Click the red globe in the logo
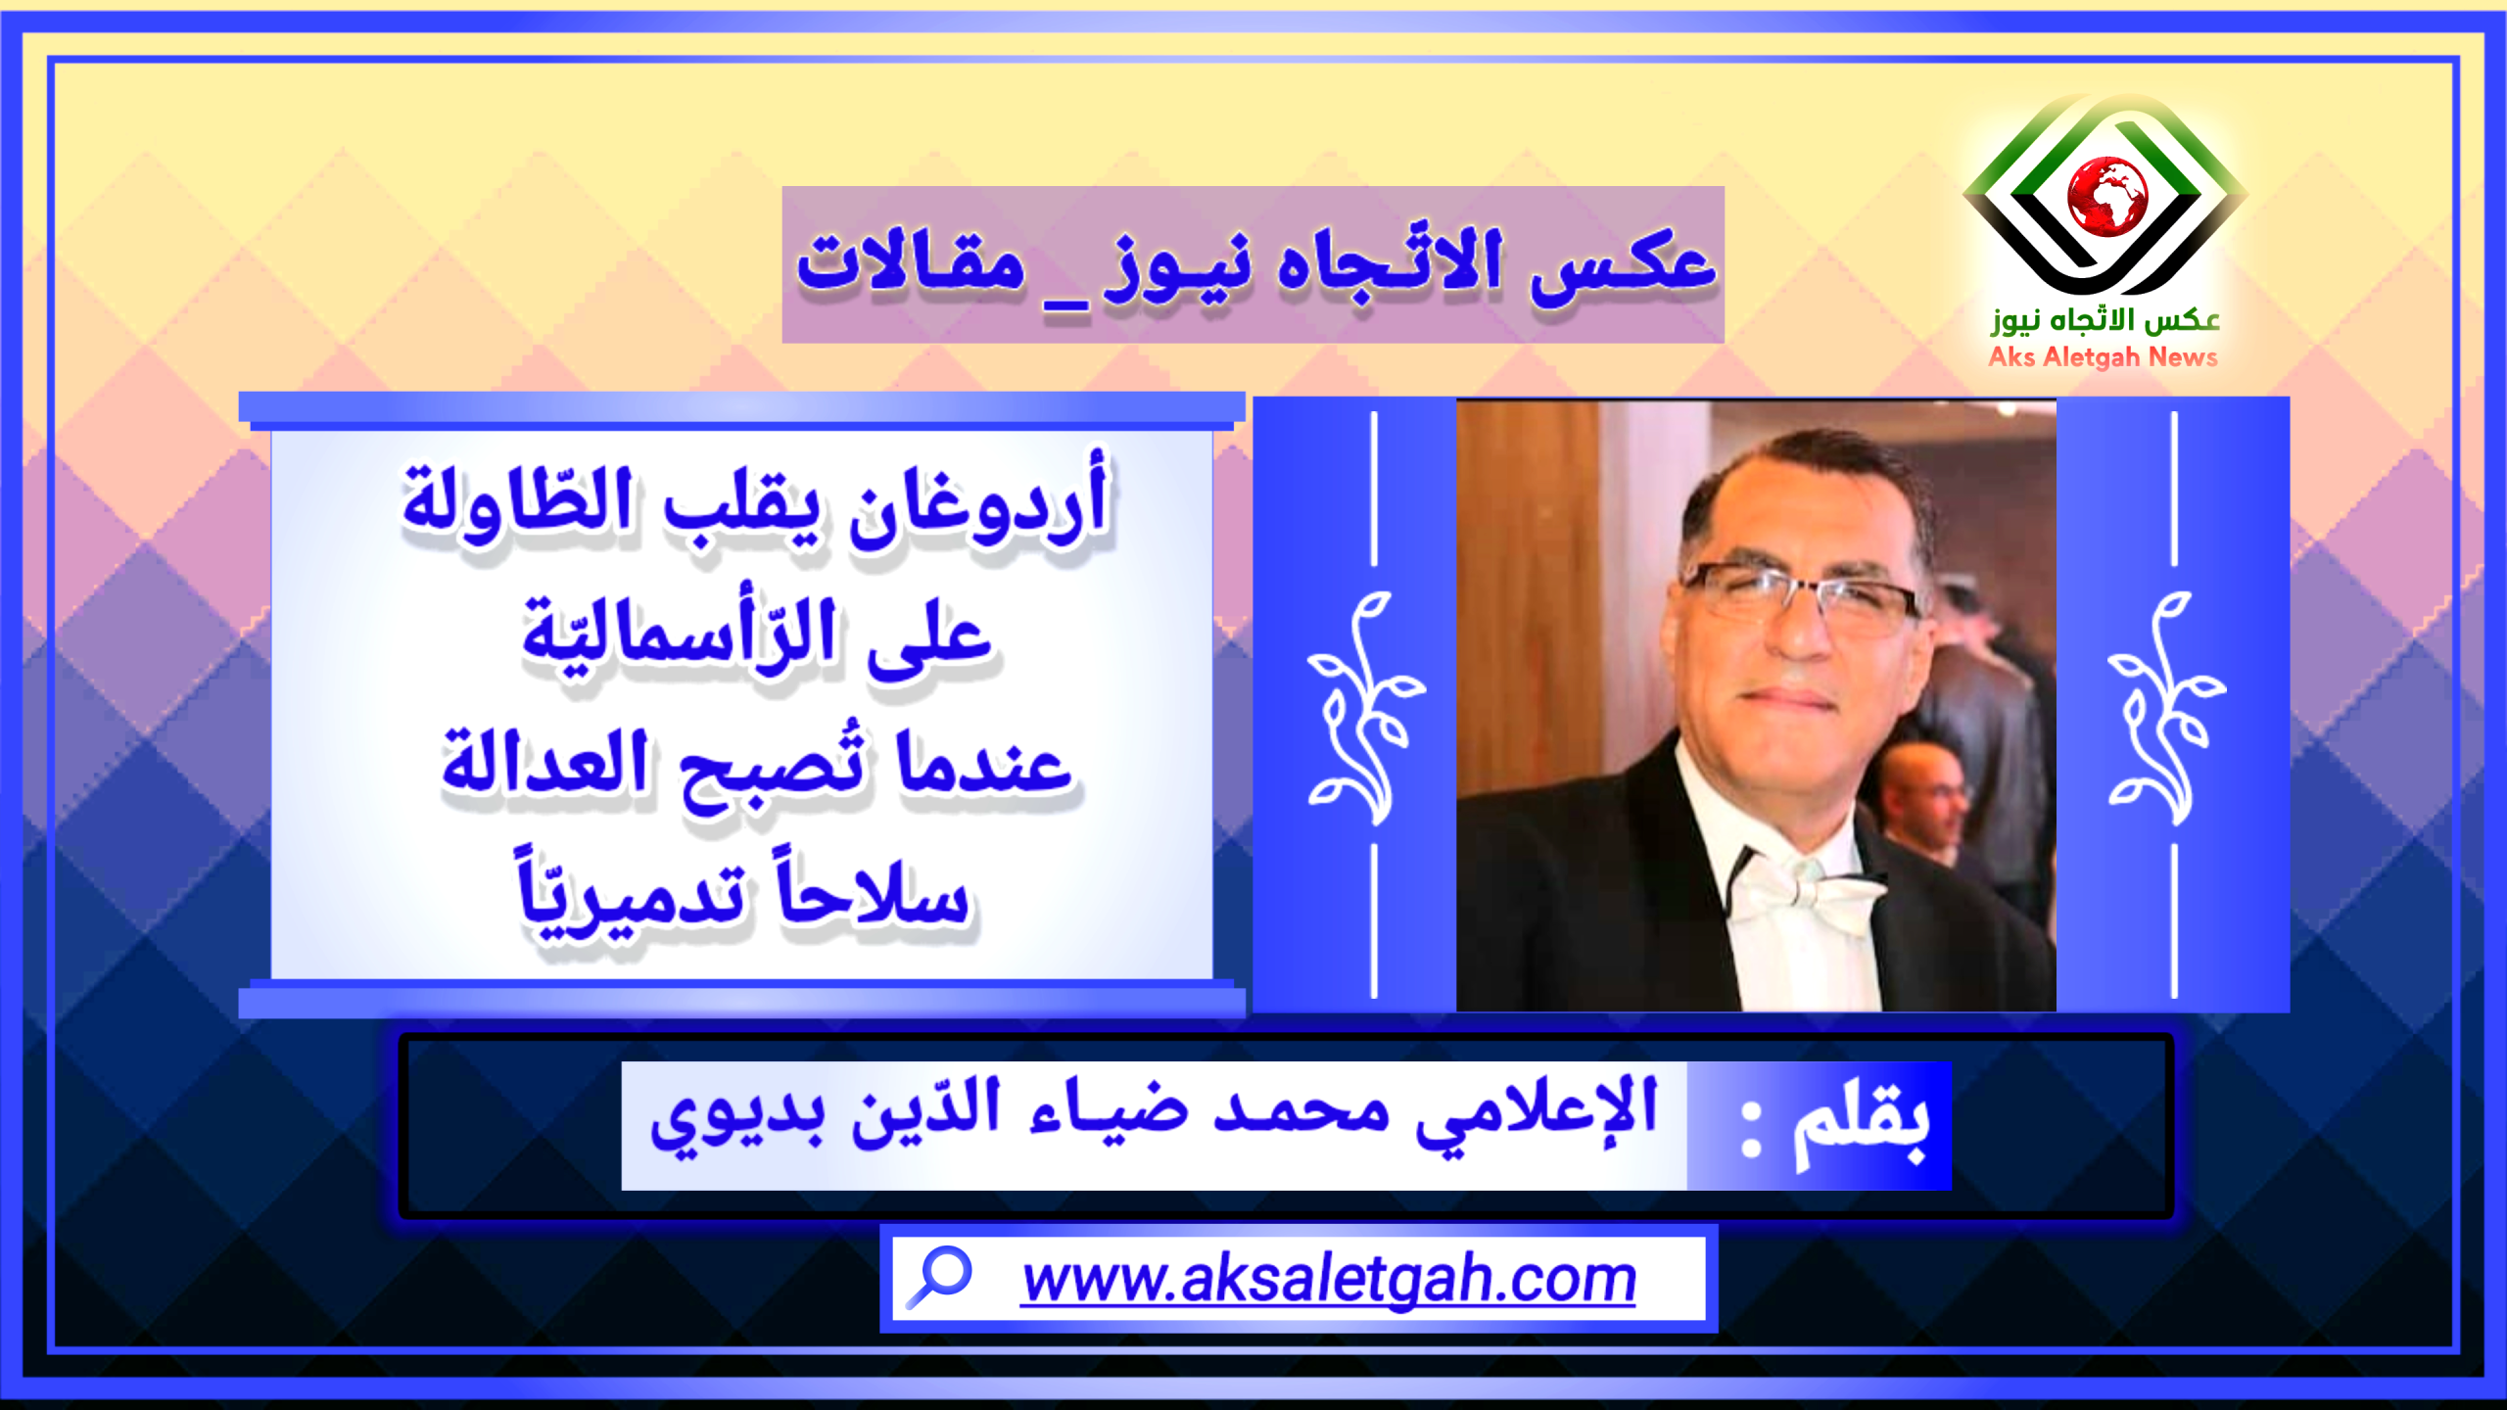pos(2106,196)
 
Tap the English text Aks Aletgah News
pos(2103,357)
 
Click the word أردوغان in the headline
pos(979,501)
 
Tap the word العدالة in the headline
pos(544,763)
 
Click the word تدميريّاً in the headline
pos(632,895)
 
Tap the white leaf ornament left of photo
pos(1366,708)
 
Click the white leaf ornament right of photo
pos(2167,708)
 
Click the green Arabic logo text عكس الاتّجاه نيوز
pos(2105,321)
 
